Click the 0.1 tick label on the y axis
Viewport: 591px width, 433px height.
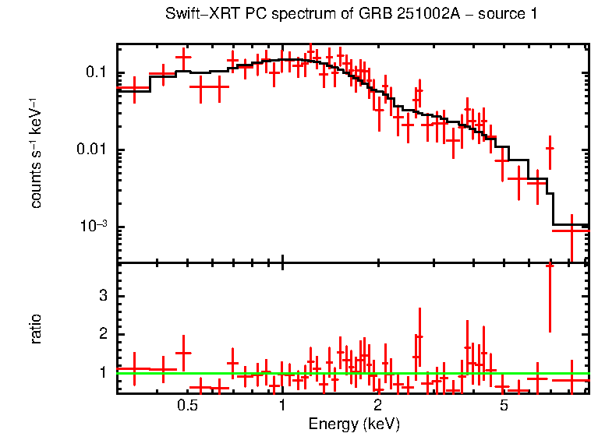(95, 73)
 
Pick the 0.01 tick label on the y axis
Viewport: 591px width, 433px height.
(92, 150)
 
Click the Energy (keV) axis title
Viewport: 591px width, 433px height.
(354, 424)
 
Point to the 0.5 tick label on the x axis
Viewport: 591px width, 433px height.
(186, 406)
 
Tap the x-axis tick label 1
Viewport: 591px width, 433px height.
(282, 406)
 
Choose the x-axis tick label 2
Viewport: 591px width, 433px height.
(377, 406)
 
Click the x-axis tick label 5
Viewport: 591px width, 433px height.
(504, 406)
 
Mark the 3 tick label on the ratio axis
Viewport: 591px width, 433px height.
(103, 296)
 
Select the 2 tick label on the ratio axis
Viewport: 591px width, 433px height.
(103, 334)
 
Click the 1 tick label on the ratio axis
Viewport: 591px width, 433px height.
(103, 372)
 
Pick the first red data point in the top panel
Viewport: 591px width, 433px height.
(134, 88)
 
